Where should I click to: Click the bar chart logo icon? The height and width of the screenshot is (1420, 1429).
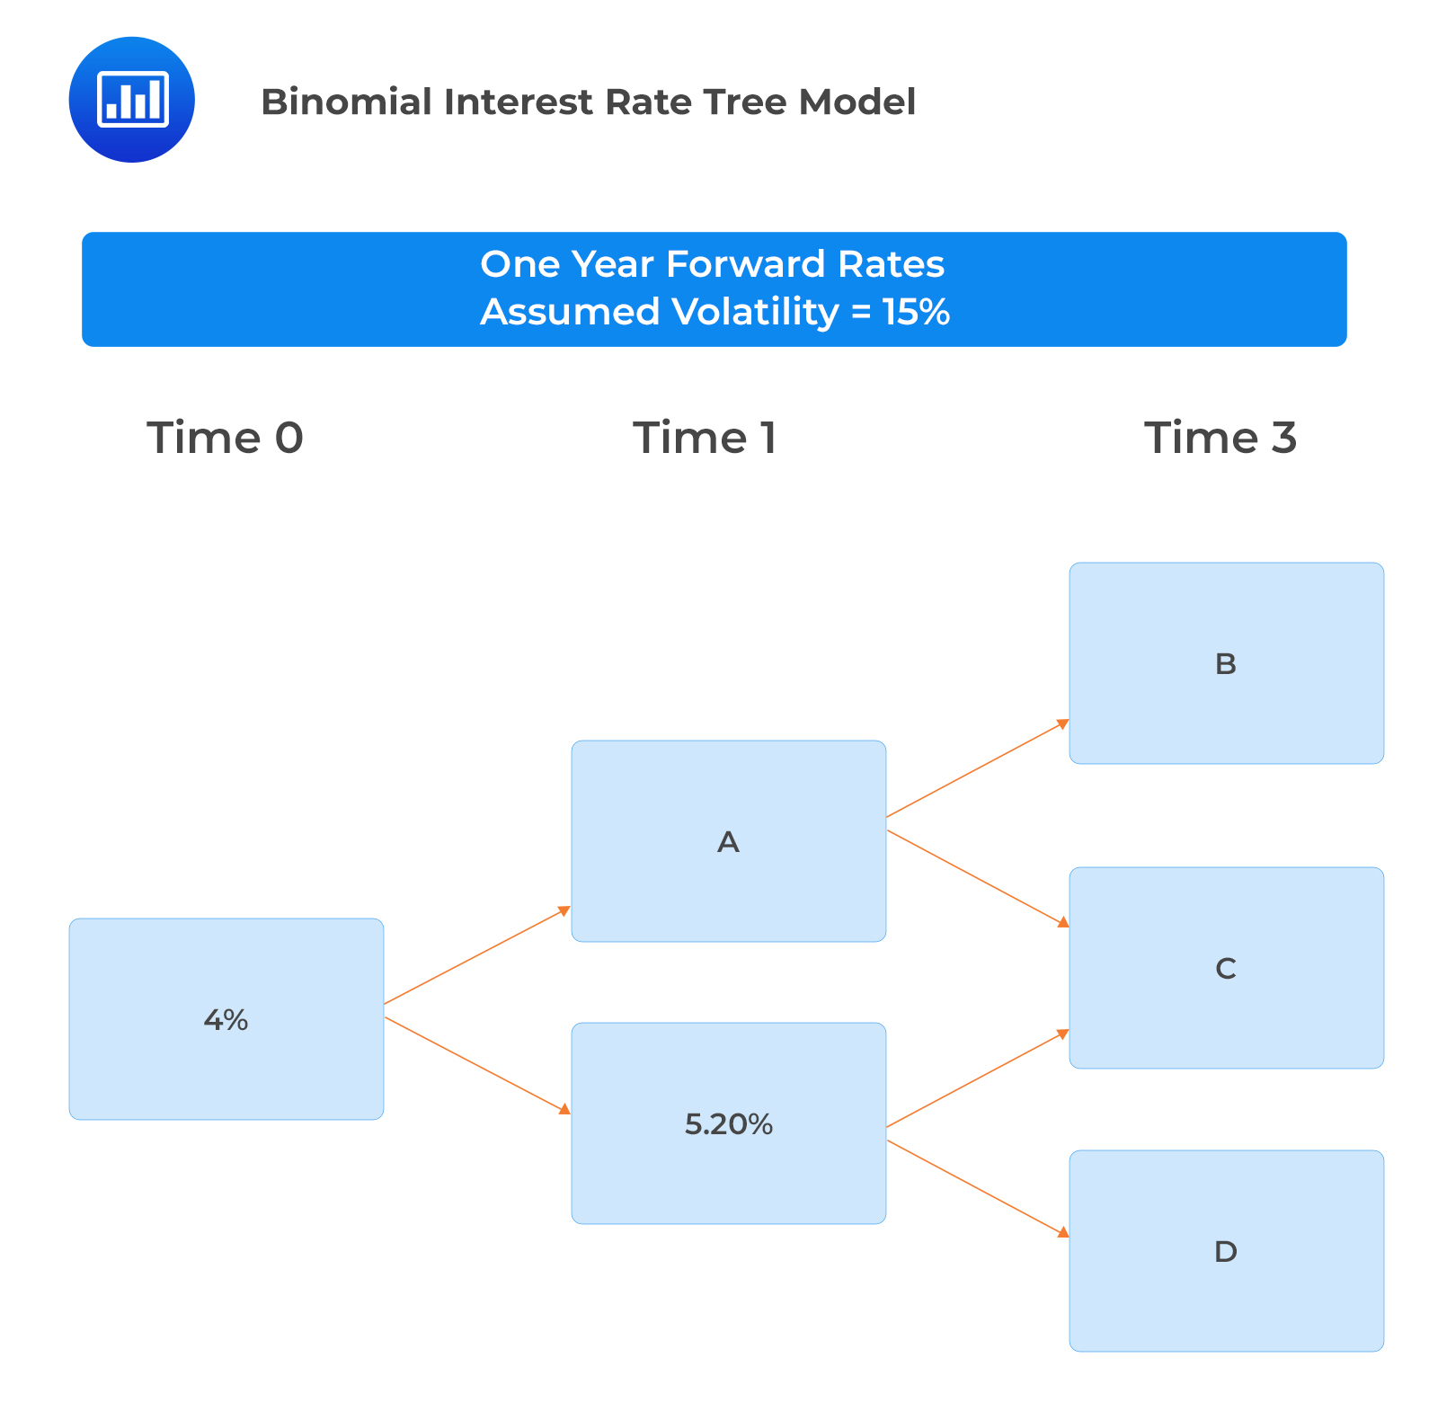coord(132,100)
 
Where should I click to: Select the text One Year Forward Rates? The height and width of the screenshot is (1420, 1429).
coord(712,264)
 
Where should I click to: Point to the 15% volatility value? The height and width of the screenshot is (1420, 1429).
coord(916,312)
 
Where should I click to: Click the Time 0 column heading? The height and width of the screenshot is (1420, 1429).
coord(225,438)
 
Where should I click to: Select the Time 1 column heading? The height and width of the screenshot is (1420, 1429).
coord(705,438)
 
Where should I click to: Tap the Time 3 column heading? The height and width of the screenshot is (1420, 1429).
coord(1220,438)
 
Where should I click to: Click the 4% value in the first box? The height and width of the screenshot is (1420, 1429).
coord(226,1020)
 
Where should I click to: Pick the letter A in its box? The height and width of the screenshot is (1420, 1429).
coord(728,842)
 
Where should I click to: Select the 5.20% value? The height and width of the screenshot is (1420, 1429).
coord(728,1124)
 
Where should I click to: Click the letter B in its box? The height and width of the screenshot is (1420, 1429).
coord(1225,664)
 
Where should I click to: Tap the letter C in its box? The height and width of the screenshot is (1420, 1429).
coord(1225,969)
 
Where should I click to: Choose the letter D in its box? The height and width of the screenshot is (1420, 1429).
coord(1225,1252)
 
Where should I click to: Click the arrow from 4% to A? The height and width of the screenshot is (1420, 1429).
coord(477,955)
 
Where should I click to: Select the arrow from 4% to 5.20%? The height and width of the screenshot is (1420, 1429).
coord(477,1066)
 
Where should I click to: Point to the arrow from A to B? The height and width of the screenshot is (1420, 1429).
coord(978,768)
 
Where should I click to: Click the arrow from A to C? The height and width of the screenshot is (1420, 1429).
coord(978,878)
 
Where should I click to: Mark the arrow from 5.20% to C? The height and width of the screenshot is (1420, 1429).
coord(978,1078)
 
